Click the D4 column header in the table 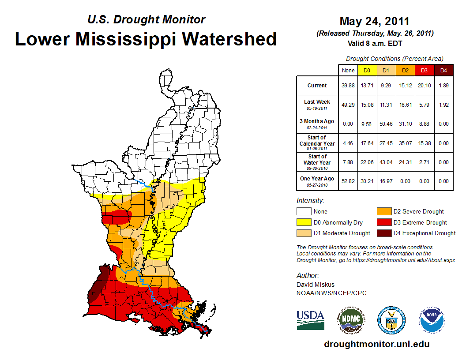pos(443,71)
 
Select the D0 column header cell pos(367,71)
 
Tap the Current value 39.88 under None pos(347,86)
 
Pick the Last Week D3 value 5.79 pos(424,105)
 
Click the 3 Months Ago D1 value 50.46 pos(386,124)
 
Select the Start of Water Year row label pos(317,162)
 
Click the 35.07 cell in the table pos(405,143)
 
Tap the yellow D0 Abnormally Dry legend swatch pos(304,222)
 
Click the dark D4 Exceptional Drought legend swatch pos(383,233)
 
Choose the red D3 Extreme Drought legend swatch pos(383,222)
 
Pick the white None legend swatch pos(304,212)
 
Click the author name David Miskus pos(316,285)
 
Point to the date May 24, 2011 pos(374,21)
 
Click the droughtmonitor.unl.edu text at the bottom pos(376,344)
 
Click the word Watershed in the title pos(230,39)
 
